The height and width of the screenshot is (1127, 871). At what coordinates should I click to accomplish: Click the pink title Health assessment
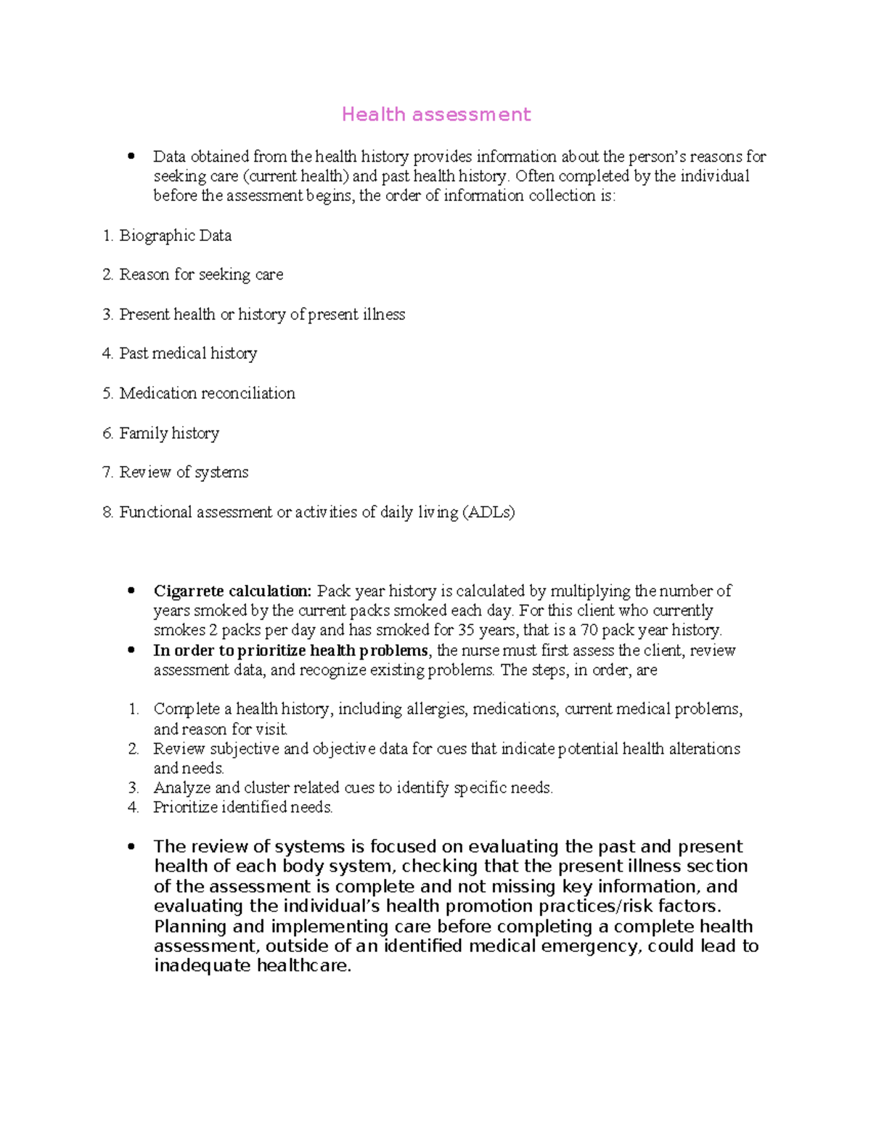tap(436, 115)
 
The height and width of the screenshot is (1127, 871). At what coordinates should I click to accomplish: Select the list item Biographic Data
tap(175, 236)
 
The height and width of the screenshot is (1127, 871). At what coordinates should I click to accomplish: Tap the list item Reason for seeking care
tap(201, 275)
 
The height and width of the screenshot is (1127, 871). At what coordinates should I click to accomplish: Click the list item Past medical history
tap(188, 353)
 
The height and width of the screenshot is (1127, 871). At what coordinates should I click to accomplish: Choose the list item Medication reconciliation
tap(207, 393)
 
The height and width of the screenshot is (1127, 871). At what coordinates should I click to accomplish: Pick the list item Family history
tap(169, 433)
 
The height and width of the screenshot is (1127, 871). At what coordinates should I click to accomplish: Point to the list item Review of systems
tap(184, 472)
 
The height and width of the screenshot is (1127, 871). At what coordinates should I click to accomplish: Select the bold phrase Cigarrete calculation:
tap(232, 591)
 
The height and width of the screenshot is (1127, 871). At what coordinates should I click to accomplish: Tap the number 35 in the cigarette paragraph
tap(466, 630)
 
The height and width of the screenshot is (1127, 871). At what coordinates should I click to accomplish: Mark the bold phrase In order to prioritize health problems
tap(290, 650)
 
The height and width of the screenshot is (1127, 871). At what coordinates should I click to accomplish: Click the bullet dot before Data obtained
tap(131, 156)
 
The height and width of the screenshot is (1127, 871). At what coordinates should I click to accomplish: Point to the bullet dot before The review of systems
tap(131, 846)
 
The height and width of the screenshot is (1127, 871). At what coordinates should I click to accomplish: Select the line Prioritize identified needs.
tap(242, 807)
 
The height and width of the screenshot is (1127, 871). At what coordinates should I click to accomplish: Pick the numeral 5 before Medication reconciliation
tap(107, 393)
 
